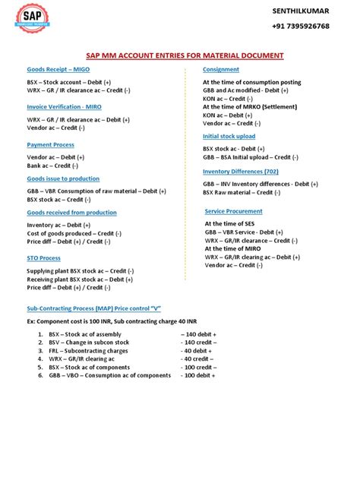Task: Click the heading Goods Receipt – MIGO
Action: (58, 69)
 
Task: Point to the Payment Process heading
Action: (51, 144)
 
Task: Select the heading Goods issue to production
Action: (63, 178)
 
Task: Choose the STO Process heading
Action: (43, 258)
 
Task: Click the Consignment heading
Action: (221, 69)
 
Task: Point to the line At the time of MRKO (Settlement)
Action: (251, 106)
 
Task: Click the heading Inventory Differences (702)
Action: (245, 172)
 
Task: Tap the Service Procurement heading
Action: (234, 211)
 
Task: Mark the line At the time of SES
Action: (229, 224)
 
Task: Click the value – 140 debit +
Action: (199, 334)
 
